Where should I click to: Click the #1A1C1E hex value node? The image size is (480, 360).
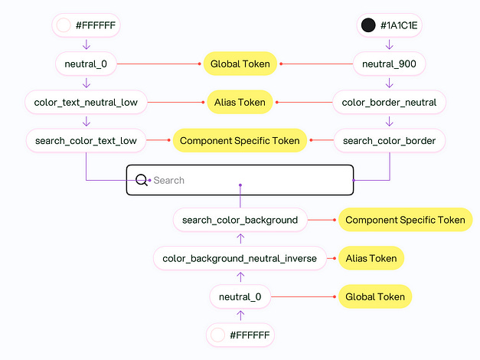click(391, 26)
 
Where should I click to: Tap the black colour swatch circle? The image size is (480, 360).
click(368, 26)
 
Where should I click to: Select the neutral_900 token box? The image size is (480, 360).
click(390, 64)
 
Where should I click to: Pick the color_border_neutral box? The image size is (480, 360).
click(390, 102)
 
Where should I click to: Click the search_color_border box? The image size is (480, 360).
click(390, 141)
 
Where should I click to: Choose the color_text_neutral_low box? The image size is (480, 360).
click(86, 102)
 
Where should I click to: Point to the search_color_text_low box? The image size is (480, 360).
click(86, 141)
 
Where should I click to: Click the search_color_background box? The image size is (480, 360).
click(240, 220)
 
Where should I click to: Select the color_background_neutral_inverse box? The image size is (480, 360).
click(240, 258)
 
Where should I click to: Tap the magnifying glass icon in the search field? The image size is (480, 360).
click(142, 180)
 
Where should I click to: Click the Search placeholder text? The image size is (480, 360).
click(169, 181)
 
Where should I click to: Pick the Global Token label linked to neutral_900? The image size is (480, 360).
click(240, 64)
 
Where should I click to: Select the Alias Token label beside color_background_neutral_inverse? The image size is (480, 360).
click(371, 258)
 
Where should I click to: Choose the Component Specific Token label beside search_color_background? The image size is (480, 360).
click(405, 220)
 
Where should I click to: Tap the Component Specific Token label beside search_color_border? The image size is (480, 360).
click(240, 141)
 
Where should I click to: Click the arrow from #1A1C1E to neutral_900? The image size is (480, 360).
click(390, 45)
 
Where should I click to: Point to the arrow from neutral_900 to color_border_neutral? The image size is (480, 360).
click(390, 83)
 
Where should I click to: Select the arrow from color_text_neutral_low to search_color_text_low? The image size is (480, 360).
click(87, 121)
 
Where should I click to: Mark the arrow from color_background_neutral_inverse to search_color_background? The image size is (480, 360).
click(240, 239)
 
